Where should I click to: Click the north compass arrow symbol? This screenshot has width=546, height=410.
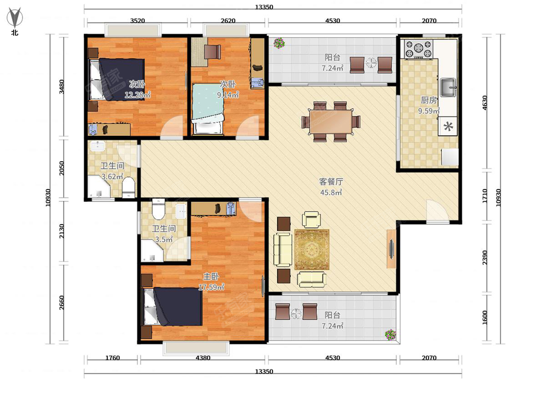15,17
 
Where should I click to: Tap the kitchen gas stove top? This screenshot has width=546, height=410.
419,49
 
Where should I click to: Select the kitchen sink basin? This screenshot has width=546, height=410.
448,87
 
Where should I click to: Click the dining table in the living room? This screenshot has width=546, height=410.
331,122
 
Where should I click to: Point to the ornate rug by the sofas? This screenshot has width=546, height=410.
312,250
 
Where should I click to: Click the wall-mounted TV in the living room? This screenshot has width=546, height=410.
392,249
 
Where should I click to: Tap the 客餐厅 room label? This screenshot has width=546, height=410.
331,182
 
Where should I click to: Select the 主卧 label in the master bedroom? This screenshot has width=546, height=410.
211,277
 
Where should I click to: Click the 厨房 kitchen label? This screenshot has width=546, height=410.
429,100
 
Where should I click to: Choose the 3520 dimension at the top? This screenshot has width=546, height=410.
137,20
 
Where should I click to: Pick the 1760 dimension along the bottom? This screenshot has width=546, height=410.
112,358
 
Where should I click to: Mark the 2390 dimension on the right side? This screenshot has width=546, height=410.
485,258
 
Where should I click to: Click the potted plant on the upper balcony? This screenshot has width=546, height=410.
279,43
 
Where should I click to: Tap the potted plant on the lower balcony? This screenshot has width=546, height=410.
390,335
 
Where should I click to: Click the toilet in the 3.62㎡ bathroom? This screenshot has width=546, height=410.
129,187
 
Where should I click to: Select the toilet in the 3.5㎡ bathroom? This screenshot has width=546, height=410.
158,209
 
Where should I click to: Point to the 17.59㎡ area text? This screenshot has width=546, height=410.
212,287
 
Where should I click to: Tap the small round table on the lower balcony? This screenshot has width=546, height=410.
296,314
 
